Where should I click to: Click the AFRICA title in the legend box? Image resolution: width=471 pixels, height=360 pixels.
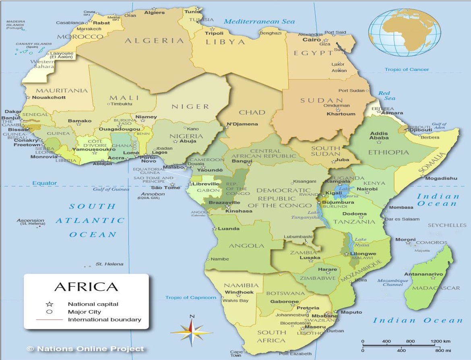(86, 287)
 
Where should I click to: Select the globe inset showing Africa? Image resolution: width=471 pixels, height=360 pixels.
(405, 32)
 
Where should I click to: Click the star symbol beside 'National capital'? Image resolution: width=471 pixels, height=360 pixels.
(50, 304)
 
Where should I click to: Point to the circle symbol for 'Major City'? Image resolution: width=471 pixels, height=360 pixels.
(50, 312)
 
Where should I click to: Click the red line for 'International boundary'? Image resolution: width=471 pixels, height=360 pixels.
(50, 320)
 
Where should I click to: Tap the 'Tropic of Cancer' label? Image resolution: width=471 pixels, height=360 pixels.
(407, 69)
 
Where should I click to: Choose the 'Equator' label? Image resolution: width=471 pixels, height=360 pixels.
(45, 183)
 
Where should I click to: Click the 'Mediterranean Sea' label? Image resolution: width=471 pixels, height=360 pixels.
(259, 21)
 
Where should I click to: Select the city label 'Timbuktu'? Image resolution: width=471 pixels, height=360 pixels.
(122, 104)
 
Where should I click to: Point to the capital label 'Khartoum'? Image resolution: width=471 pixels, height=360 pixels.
(341, 114)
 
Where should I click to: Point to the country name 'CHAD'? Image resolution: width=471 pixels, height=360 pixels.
(252, 112)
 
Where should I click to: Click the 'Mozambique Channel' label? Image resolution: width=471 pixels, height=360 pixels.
(390, 282)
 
